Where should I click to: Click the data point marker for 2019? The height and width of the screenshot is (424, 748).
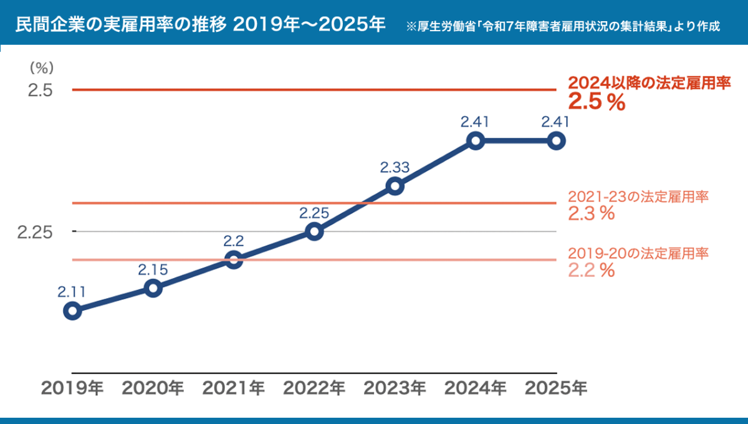[x=72, y=311]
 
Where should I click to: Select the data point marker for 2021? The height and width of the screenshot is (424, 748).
[x=234, y=260]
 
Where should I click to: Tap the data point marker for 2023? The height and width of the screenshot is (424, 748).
[x=395, y=186]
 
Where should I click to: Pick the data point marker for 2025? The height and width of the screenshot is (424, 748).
[x=556, y=141]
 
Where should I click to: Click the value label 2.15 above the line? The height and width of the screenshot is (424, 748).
[x=153, y=270]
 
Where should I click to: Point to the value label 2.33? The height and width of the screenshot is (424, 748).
[x=395, y=167]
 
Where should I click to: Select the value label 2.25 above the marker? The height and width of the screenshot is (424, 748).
[x=314, y=213]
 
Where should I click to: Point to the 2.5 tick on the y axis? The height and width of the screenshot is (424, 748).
[x=39, y=90]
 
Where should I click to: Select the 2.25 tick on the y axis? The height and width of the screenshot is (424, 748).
[x=34, y=232]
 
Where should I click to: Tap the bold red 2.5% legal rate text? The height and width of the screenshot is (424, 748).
[x=597, y=104]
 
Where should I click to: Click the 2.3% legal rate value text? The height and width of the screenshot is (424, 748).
[x=592, y=213]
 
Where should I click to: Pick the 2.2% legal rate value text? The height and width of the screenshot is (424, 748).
[x=592, y=270]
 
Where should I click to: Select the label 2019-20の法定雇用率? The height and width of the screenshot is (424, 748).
[x=639, y=253]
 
